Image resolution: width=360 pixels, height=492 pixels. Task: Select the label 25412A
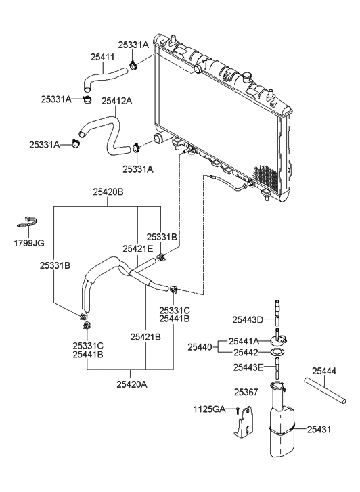pyautogui.click(x=116, y=101)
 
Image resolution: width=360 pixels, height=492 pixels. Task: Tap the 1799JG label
pyautogui.click(x=30, y=242)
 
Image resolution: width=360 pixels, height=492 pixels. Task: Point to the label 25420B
pyautogui.click(x=108, y=192)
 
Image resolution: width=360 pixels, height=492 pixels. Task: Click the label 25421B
pyautogui.click(x=145, y=336)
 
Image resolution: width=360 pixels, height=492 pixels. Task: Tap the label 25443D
pyautogui.click(x=248, y=319)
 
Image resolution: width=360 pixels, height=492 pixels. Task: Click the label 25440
pyautogui.click(x=202, y=346)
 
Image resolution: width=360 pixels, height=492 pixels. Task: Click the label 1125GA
pyautogui.click(x=210, y=409)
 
